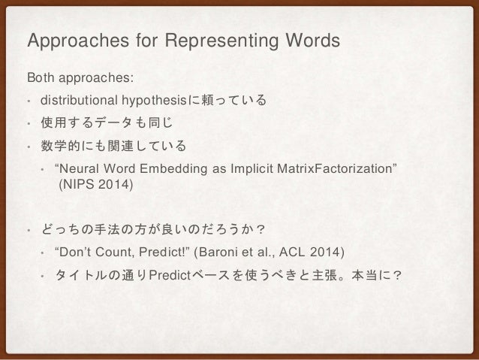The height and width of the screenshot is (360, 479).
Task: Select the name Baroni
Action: [x=218, y=250]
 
